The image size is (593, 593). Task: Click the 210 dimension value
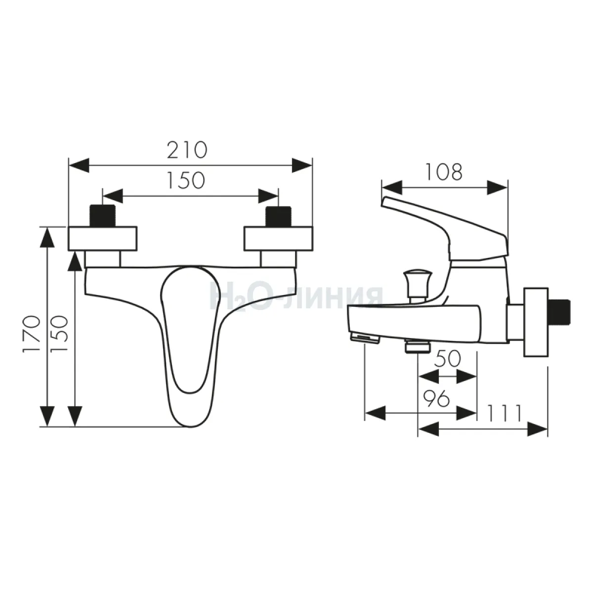click(187, 150)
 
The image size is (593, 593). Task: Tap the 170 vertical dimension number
click(31, 333)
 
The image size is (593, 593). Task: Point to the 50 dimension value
click(447, 358)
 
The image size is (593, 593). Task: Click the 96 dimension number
click(436, 398)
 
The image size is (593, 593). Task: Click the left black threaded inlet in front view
click(102, 216)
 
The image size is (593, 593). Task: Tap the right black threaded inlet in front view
click(278, 216)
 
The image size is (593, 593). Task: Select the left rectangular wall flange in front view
click(102, 239)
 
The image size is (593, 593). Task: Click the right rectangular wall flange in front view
click(278, 239)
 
